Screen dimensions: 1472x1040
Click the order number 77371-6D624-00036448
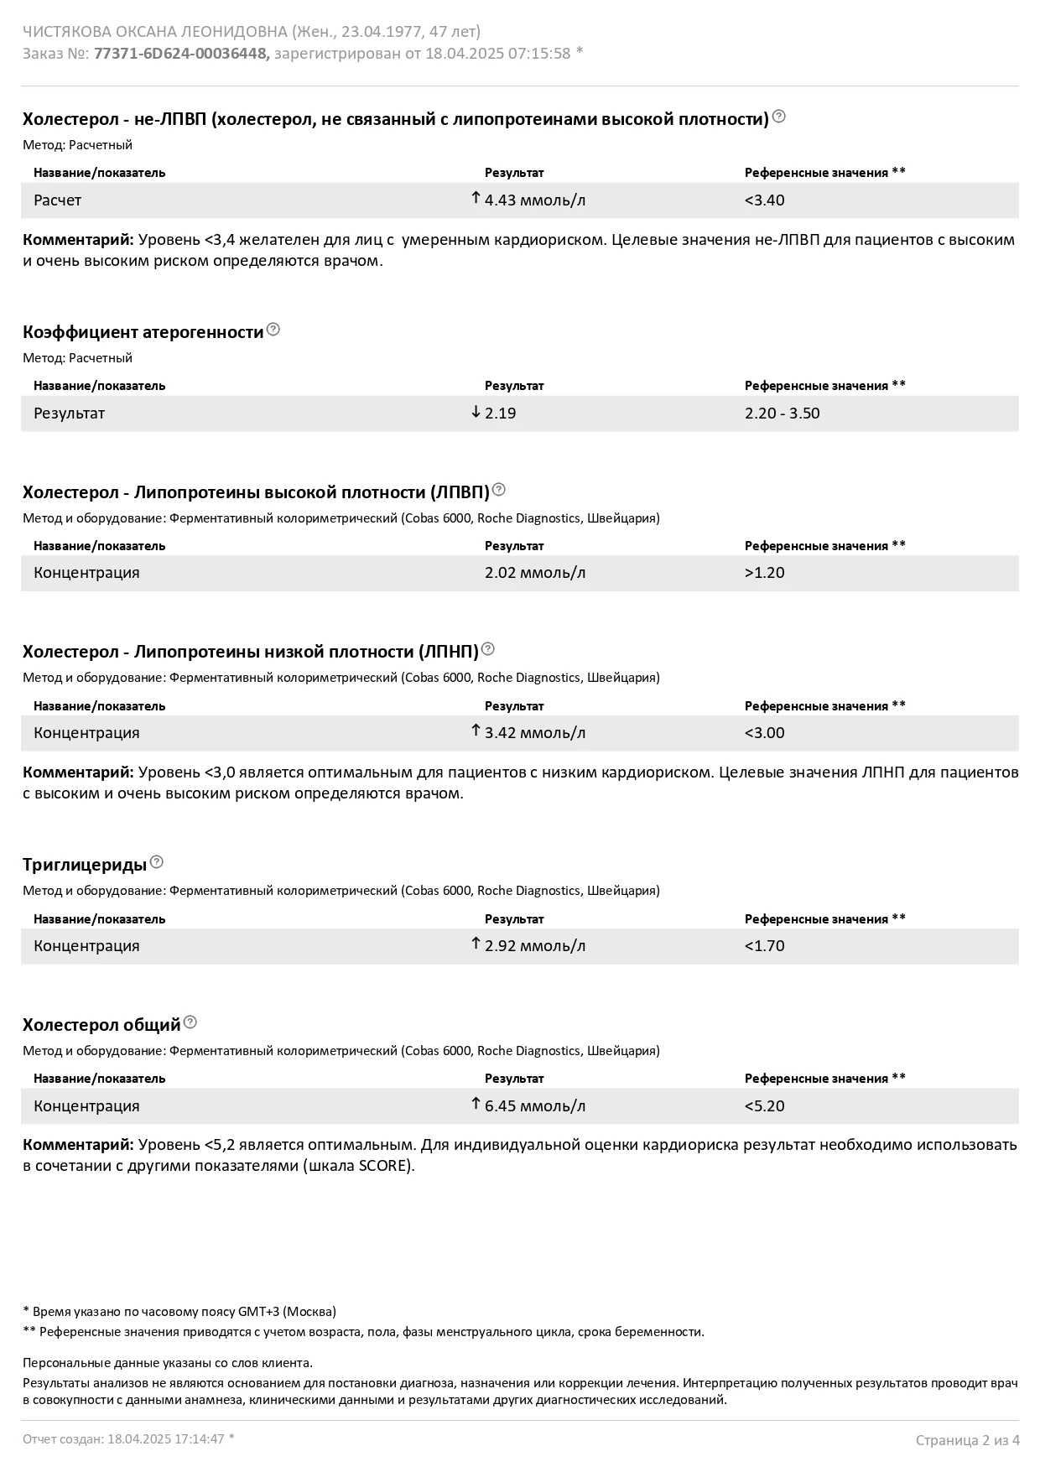(181, 54)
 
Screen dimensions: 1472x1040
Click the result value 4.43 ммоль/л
(535, 200)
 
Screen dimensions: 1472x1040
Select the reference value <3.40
(764, 200)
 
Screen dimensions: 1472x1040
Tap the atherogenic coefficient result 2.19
(501, 414)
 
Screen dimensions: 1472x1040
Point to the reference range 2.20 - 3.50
(782, 414)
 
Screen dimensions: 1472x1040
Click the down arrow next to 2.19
(476, 412)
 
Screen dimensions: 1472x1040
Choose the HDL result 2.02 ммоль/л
(535, 573)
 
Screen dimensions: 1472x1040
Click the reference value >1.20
(764, 573)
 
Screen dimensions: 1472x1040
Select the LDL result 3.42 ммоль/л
(535, 733)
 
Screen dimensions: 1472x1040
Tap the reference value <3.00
(764, 733)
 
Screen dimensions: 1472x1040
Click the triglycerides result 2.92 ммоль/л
(535, 946)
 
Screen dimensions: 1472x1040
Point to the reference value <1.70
(764, 946)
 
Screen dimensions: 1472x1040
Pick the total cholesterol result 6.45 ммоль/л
(535, 1106)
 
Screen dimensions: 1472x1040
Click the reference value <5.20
(764, 1106)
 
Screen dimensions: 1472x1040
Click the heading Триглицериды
(85, 865)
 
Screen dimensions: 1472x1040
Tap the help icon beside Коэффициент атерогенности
(273, 330)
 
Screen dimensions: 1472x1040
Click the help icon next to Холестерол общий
(190, 1022)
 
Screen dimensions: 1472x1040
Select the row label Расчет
(57, 200)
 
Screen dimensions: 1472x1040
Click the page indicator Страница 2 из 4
(967, 1441)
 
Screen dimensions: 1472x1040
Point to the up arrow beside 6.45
(476, 1104)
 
